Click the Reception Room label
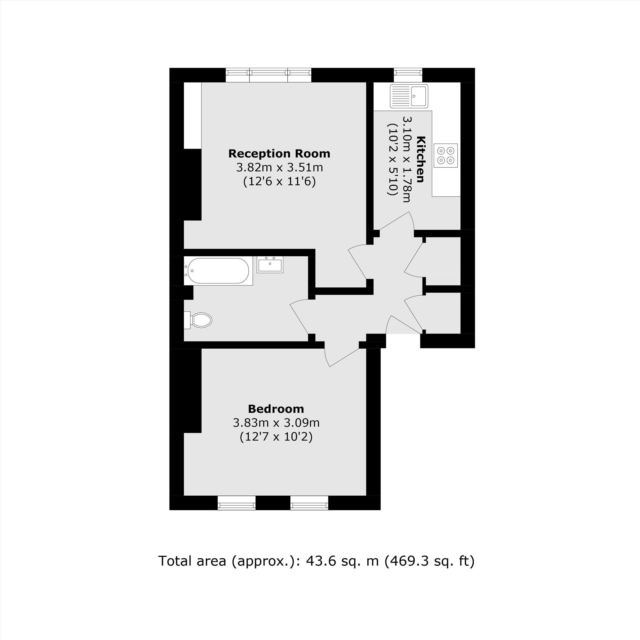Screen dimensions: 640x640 (x=279, y=154)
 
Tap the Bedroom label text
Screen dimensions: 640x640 (x=276, y=409)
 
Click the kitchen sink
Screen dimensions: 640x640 (x=409, y=96)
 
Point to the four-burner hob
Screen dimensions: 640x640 (x=445, y=156)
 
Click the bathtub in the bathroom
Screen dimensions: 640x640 (x=218, y=271)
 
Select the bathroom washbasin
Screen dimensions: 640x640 (x=270, y=265)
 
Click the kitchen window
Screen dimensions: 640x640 (x=408, y=75)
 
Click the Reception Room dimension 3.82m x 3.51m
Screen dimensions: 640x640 (x=279, y=168)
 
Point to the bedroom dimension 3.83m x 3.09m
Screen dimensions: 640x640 (x=276, y=423)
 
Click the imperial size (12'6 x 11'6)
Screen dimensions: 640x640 (x=279, y=181)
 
